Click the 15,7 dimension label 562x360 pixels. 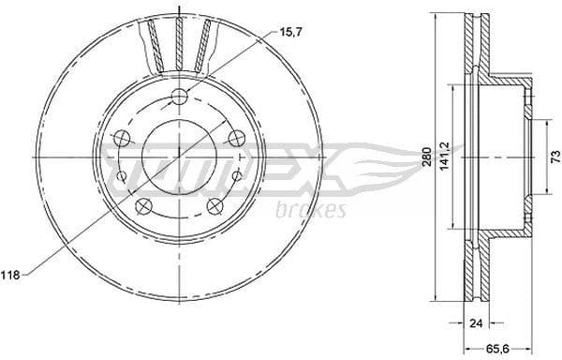click(x=291, y=33)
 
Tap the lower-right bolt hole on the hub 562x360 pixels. click(x=214, y=205)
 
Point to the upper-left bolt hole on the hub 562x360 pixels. click(x=121, y=139)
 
